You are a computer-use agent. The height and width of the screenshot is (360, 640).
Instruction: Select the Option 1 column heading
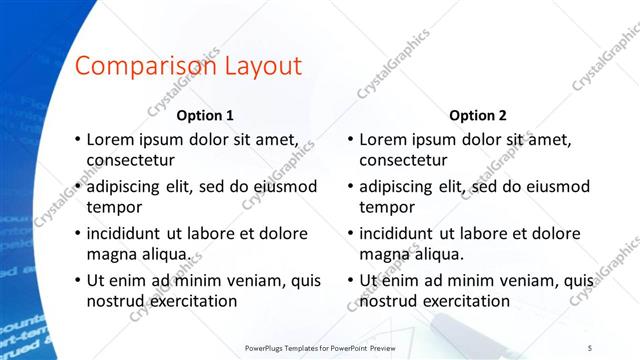tap(205, 115)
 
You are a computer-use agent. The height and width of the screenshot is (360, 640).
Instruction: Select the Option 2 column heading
tap(478, 115)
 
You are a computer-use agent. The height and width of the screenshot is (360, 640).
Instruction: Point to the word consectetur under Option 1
tap(131, 161)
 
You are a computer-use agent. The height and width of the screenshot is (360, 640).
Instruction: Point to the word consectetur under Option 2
tap(404, 161)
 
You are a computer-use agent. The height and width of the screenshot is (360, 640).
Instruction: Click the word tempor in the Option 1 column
tap(114, 208)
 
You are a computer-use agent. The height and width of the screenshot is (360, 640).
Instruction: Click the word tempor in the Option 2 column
tap(387, 208)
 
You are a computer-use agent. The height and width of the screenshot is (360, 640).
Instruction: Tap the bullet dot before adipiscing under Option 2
tap(350, 186)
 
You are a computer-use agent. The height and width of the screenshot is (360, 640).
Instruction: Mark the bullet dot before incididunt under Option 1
tap(77, 233)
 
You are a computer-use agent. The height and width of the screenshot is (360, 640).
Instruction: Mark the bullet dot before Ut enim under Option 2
tap(350, 279)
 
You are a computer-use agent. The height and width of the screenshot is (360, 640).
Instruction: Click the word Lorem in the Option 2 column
tap(383, 139)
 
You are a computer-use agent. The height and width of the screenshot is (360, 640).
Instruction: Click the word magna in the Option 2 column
tap(385, 254)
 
